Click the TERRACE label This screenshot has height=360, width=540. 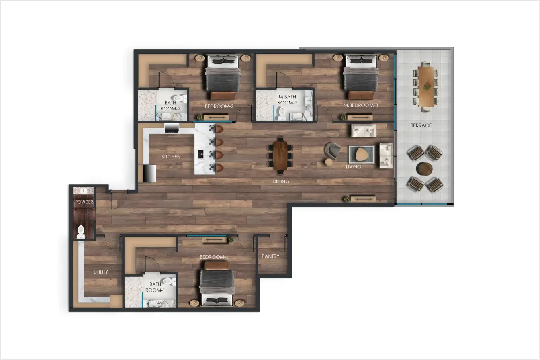pos(421,125)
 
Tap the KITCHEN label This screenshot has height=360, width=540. pos(171,156)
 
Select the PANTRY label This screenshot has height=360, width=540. pos(270,256)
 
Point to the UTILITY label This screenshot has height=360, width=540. pos(101,272)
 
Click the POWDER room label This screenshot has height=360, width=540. pos(84,202)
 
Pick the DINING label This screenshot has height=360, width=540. pos(281,181)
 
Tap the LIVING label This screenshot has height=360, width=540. pos(354,167)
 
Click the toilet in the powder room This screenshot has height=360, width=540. pos(81,232)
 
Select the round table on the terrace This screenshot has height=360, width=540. pos(425,168)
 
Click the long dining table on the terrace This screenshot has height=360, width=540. pos(425,86)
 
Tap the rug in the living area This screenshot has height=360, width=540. pos(362,154)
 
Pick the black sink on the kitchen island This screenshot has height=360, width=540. pos(201,153)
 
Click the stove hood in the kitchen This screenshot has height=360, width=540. pos(172,129)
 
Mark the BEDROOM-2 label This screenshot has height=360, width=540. pos(219,106)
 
